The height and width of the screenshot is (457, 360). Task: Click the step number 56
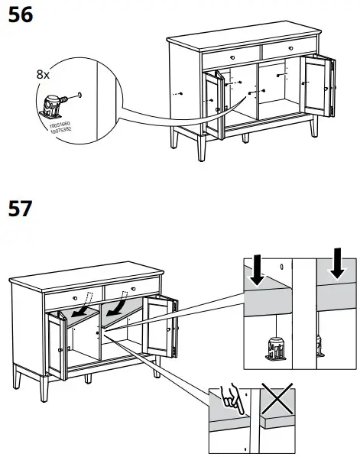20,15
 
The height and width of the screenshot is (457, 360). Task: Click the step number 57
20,208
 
